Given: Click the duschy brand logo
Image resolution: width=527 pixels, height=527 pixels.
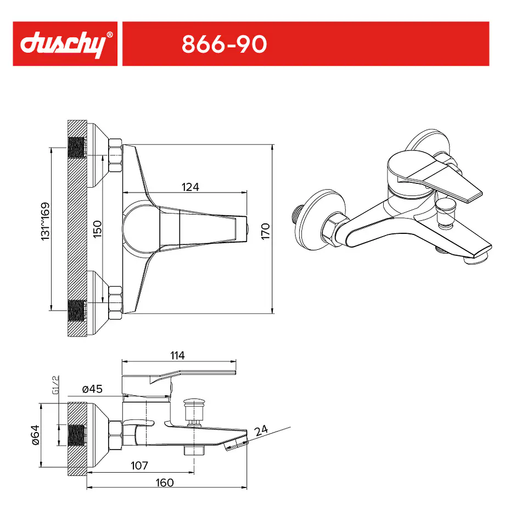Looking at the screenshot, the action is click(63, 44).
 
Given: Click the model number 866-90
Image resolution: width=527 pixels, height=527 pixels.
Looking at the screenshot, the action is click(224, 44).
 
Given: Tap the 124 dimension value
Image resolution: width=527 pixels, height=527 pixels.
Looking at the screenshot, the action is click(190, 187).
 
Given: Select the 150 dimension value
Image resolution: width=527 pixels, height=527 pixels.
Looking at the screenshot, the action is click(97, 229).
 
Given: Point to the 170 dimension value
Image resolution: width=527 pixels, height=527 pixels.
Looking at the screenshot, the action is click(266, 231).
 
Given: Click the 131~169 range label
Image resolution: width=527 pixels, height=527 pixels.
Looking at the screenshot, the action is click(46, 221).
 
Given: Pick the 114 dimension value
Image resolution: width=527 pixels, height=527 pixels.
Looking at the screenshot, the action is click(177, 355).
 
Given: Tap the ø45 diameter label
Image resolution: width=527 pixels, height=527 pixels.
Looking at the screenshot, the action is click(92, 389).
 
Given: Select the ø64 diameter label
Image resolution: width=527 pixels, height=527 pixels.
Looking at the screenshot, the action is click(35, 435).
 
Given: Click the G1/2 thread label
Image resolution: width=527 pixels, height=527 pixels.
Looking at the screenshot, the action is click(56, 385).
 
